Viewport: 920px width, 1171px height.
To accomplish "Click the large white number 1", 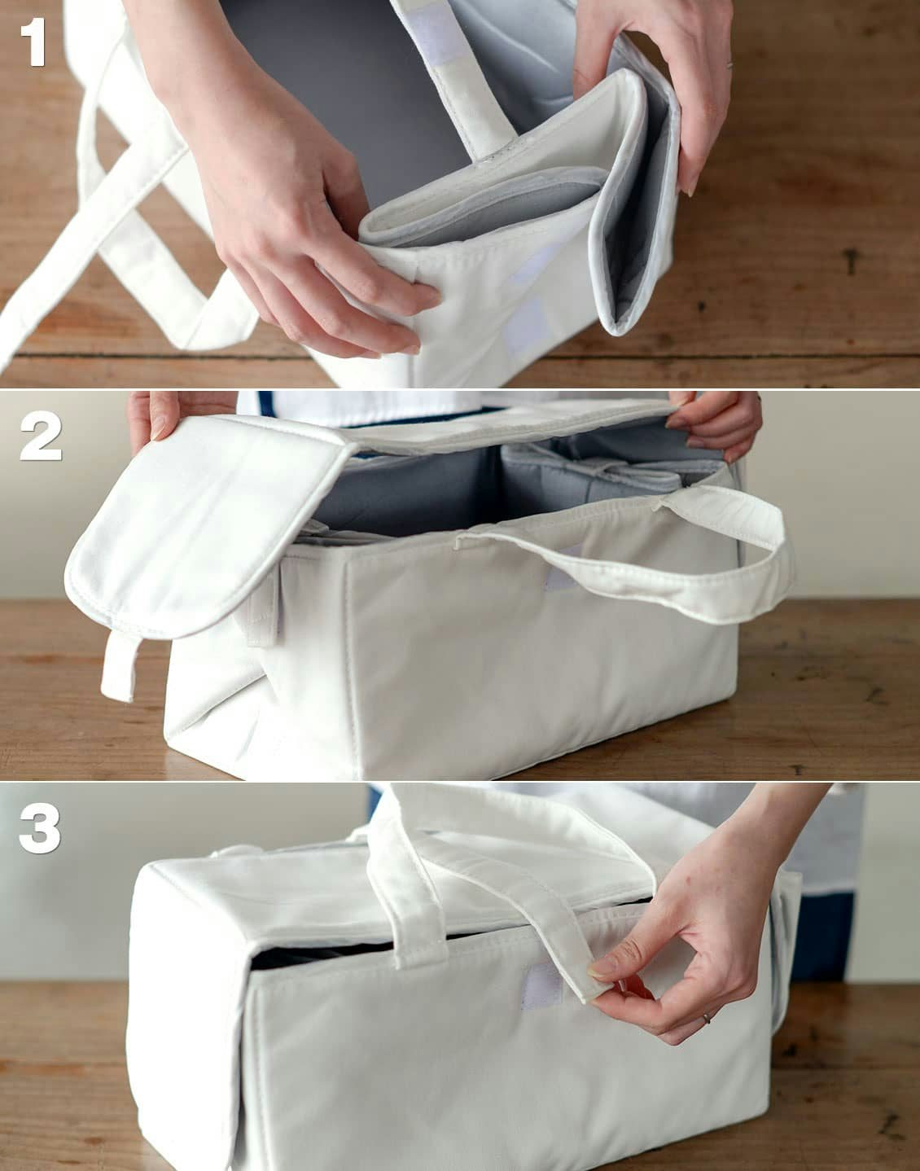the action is point(33,42).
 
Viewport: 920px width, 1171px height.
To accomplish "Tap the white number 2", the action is point(41,436).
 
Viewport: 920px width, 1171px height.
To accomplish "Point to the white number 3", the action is point(39,827).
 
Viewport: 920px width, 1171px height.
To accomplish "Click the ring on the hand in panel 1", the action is point(729,65).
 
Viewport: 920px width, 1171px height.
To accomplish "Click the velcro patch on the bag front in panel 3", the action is point(542,985).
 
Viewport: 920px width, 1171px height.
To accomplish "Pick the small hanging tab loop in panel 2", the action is point(119,667).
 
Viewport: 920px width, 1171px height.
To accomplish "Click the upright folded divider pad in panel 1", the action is point(636,204).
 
